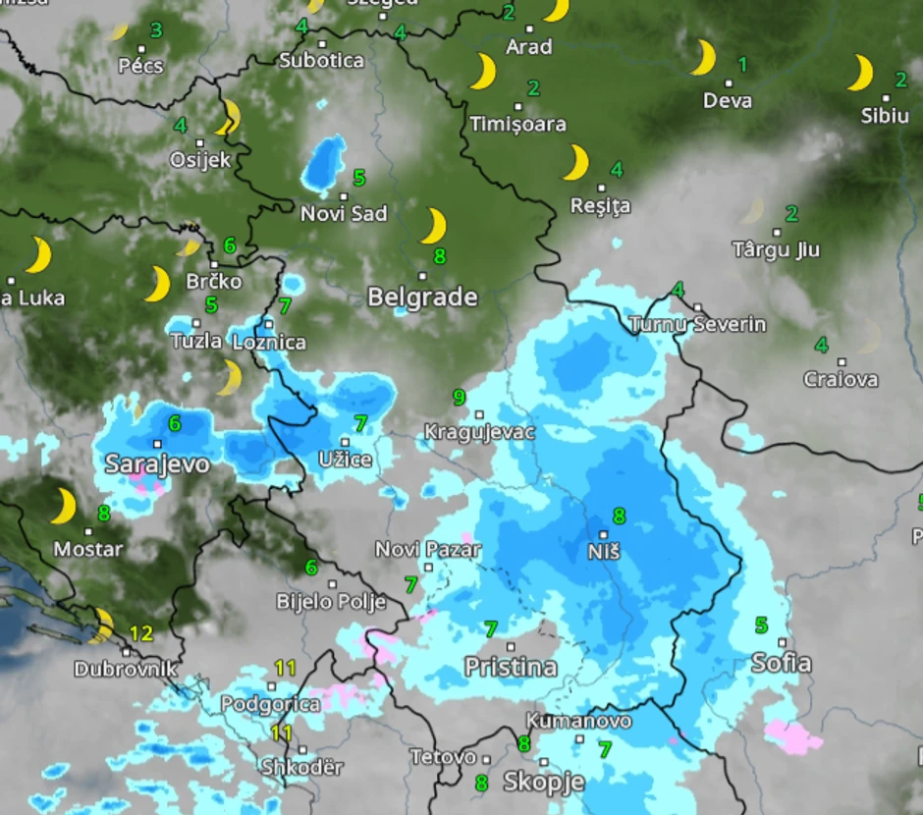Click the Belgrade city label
pyautogui.click(x=422, y=297)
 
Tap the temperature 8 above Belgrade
pyautogui.click(x=440, y=256)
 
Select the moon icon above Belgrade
pyautogui.click(x=433, y=226)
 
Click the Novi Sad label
pyautogui.click(x=344, y=213)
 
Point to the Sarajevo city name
pyautogui.click(x=157, y=463)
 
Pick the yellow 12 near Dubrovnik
pyautogui.click(x=141, y=633)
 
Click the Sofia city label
pyautogui.click(x=782, y=663)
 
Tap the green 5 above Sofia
pyautogui.click(x=761, y=625)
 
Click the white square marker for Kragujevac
pyautogui.click(x=480, y=414)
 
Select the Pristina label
pyautogui.click(x=511, y=668)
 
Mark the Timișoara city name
pyautogui.click(x=518, y=125)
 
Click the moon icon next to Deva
pyautogui.click(x=703, y=58)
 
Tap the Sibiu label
pyautogui.click(x=885, y=116)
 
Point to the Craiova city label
pyautogui.click(x=841, y=379)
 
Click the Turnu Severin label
pyautogui.click(x=697, y=324)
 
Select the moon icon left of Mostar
pyautogui.click(x=64, y=507)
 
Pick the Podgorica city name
pyautogui.click(x=270, y=704)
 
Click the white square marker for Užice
pyautogui.click(x=345, y=442)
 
